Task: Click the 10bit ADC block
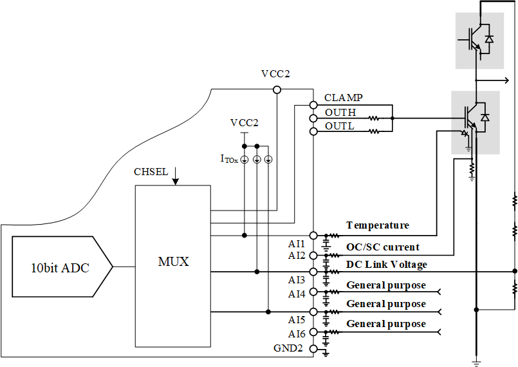tap(61, 267)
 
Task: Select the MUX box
tap(172, 262)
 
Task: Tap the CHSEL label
tap(151, 172)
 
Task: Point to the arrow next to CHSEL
tap(175, 176)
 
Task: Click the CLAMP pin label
tap(343, 98)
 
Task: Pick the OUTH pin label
tap(340, 113)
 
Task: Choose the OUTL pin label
tap(339, 126)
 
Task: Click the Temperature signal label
tap(377, 225)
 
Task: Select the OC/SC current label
tap(382, 247)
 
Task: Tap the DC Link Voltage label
tap(386, 265)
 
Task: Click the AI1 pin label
tap(297, 243)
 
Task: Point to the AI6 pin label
tap(297, 334)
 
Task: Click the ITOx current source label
tap(229, 158)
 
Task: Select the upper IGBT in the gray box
tap(476, 41)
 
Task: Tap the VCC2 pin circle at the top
tap(277, 89)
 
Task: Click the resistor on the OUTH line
tap(373, 118)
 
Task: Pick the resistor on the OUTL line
tap(373, 131)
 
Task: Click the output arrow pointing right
tap(502, 80)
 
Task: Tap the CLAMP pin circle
tap(313, 104)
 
